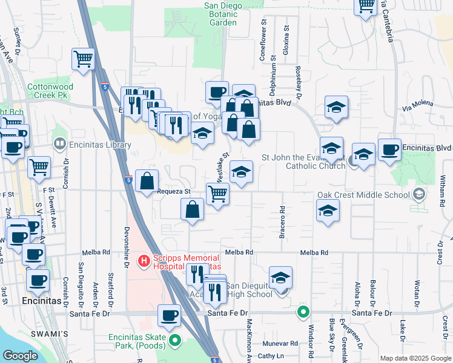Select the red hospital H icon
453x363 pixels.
144,261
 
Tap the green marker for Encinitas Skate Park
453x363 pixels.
176,341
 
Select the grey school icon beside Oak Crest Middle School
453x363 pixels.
418,195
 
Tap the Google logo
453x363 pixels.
19,356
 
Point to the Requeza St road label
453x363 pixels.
174,191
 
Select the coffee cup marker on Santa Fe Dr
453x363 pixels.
169,315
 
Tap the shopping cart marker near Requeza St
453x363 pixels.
217,194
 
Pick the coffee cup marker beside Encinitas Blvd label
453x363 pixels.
389,149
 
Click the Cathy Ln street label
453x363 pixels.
271,356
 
